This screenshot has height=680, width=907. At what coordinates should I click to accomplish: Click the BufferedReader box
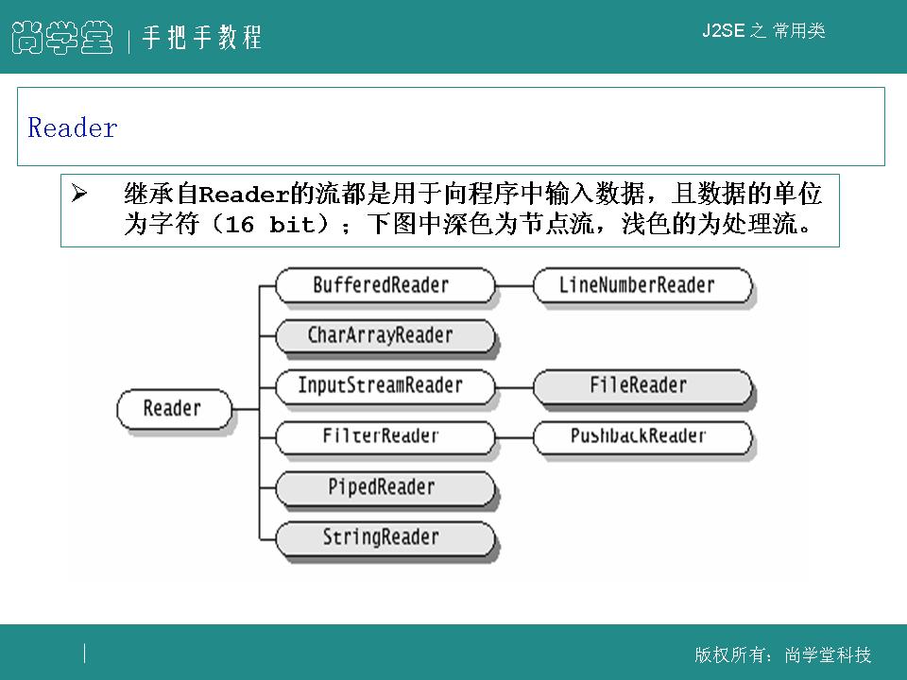pos(383,284)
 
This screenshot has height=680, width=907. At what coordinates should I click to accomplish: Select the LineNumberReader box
pos(642,284)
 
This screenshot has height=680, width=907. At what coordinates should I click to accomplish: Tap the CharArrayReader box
pos(383,335)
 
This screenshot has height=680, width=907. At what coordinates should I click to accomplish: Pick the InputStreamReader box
pos(383,385)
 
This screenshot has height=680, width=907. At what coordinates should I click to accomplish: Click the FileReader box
pos(642,385)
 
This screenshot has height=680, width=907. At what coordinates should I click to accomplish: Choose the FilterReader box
pos(383,436)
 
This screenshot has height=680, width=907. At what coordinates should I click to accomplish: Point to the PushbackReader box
pos(642,436)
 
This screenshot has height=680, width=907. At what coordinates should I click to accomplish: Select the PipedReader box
pos(383,487)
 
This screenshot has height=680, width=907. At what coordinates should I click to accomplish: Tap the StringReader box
pos(383,537)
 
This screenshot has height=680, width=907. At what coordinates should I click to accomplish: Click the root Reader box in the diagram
pos(173,409)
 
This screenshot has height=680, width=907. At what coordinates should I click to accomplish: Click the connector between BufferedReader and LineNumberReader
pos(514,284)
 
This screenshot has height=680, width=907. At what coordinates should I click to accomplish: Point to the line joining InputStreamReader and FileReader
pos(514,385)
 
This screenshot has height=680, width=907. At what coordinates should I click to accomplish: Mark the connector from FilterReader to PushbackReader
pos(514,436)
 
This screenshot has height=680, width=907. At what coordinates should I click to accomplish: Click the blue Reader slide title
pos(73,128)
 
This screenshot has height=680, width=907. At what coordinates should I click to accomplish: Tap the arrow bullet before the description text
pos(79,195)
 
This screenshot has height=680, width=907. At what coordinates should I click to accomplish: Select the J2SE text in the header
pos(724,31)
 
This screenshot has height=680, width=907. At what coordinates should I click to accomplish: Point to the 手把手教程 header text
pos(201,38)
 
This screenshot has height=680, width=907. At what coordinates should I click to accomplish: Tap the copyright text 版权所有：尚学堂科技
pos(782,655)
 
